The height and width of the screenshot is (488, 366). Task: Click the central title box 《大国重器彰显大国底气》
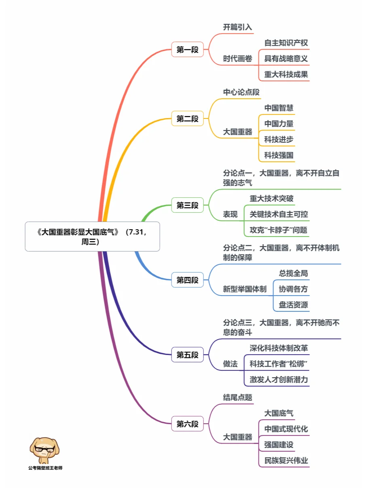92,237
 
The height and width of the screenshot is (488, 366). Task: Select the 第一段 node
187,49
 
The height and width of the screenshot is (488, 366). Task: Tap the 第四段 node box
187,280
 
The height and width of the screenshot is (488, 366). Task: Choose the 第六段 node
187,424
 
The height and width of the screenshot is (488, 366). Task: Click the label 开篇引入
237,27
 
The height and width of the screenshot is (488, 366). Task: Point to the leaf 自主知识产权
286,43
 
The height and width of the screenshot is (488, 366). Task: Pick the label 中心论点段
241,92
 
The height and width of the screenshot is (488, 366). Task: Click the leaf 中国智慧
279,108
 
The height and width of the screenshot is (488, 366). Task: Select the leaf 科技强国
279,155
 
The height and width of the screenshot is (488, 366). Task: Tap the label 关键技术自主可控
279,214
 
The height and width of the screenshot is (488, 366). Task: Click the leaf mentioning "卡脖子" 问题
278,230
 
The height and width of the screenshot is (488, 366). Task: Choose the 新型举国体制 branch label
245,289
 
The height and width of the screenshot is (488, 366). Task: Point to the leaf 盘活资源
293,305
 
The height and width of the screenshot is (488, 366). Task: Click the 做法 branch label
230,364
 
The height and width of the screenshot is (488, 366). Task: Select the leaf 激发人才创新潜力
279,380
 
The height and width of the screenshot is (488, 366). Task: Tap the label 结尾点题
237,397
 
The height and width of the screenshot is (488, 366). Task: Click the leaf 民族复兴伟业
286,461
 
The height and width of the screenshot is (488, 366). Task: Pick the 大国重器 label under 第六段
237,437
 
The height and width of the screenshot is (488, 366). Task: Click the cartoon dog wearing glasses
45,450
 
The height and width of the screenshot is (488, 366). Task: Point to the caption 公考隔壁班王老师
45,468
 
